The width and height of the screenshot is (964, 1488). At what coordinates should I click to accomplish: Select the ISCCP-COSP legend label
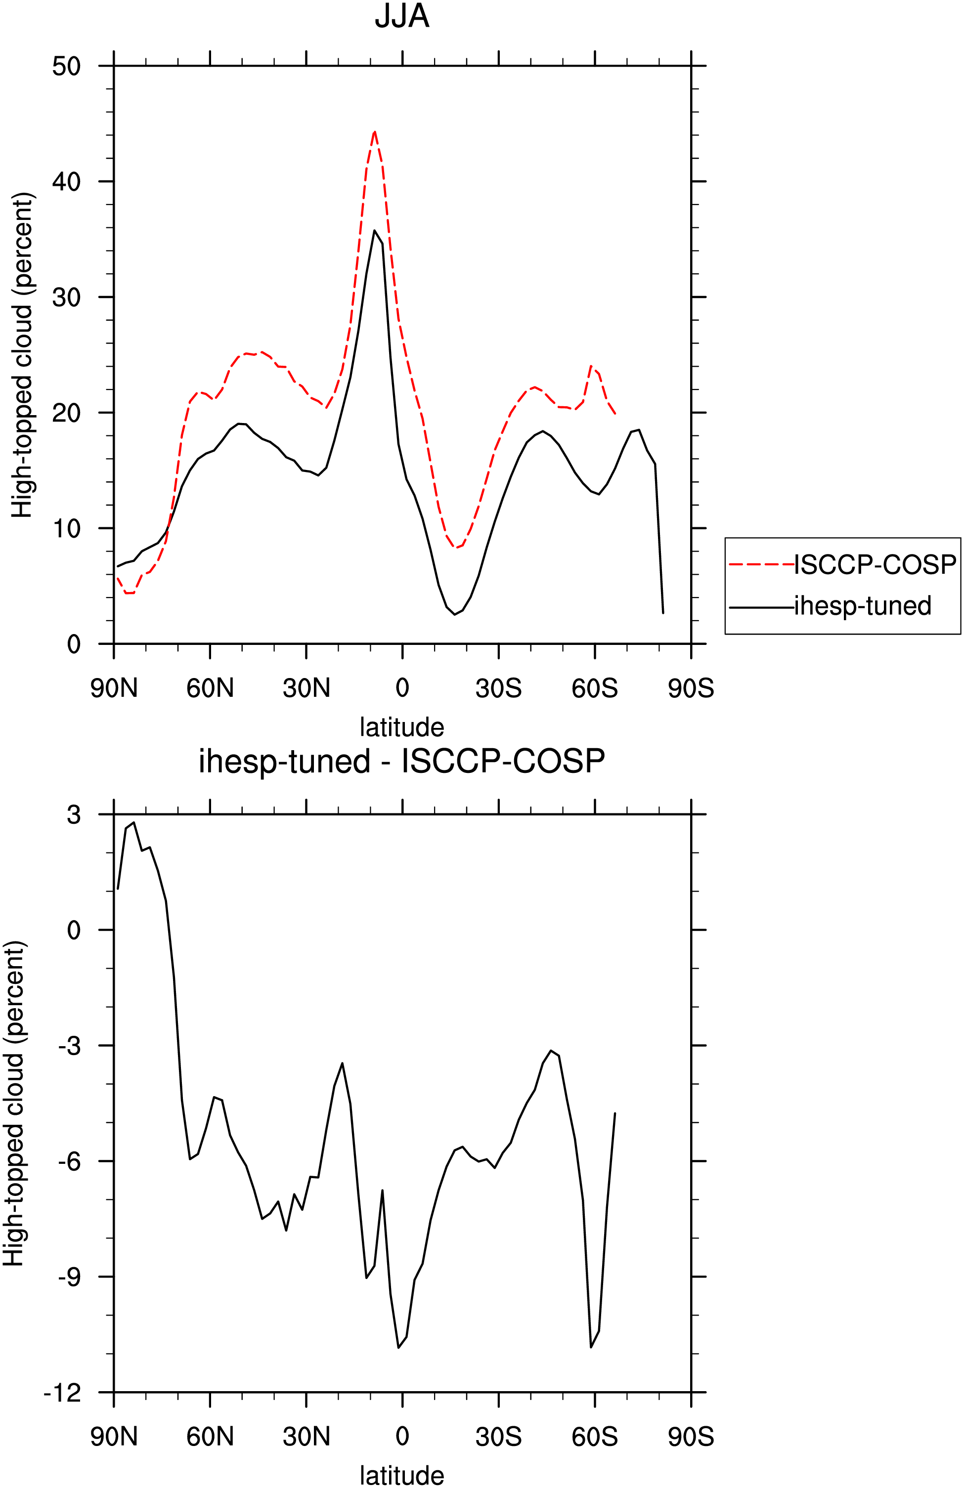click(x=875, y=564)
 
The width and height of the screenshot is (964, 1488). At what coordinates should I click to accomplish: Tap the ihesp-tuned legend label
click(x=863, y=606)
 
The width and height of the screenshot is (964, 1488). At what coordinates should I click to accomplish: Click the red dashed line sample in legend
click(x=761, y=564)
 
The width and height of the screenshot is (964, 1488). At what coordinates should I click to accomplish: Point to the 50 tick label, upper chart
click(x=67, y=66)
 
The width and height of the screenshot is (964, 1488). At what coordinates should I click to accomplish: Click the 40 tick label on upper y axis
click(x=67, y=181)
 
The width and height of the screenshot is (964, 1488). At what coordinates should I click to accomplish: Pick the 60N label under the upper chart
click(x=210, y=688)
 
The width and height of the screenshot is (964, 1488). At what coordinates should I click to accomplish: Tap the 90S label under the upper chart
click(x=691, y=688)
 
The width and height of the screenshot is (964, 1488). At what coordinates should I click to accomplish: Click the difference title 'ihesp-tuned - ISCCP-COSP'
click(x=401, y=762)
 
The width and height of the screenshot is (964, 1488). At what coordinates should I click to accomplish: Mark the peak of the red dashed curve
click(x=374, y=131)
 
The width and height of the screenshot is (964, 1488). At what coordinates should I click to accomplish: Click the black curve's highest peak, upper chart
click(x=374, y=230)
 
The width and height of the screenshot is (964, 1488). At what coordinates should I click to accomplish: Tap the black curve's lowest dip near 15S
click(x=455, y=615)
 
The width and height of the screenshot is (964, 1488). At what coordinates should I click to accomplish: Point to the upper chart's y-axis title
click(x=23, y=355)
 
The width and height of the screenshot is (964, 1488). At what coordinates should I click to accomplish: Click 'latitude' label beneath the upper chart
click(x=401, y=727)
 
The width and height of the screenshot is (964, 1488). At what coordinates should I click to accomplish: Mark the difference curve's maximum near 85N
click(x=134, y=823)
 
